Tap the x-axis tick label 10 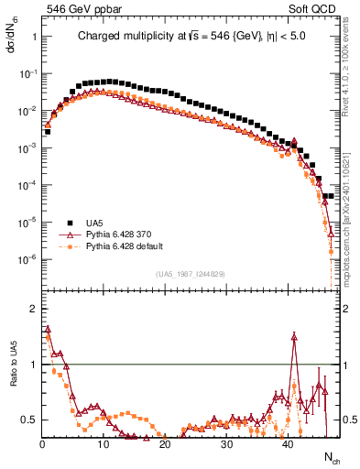click(x=104, y=444)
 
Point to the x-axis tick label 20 click(x=165, y=444)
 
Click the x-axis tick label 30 click(x=226, y=444)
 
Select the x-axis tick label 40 click(x=288, y=444)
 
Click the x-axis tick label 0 click(x=42, y=444)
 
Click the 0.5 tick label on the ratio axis click(x=28, y=420)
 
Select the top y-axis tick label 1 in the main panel click(x=33, y=37)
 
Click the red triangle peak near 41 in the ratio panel click(x=294, y=336)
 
